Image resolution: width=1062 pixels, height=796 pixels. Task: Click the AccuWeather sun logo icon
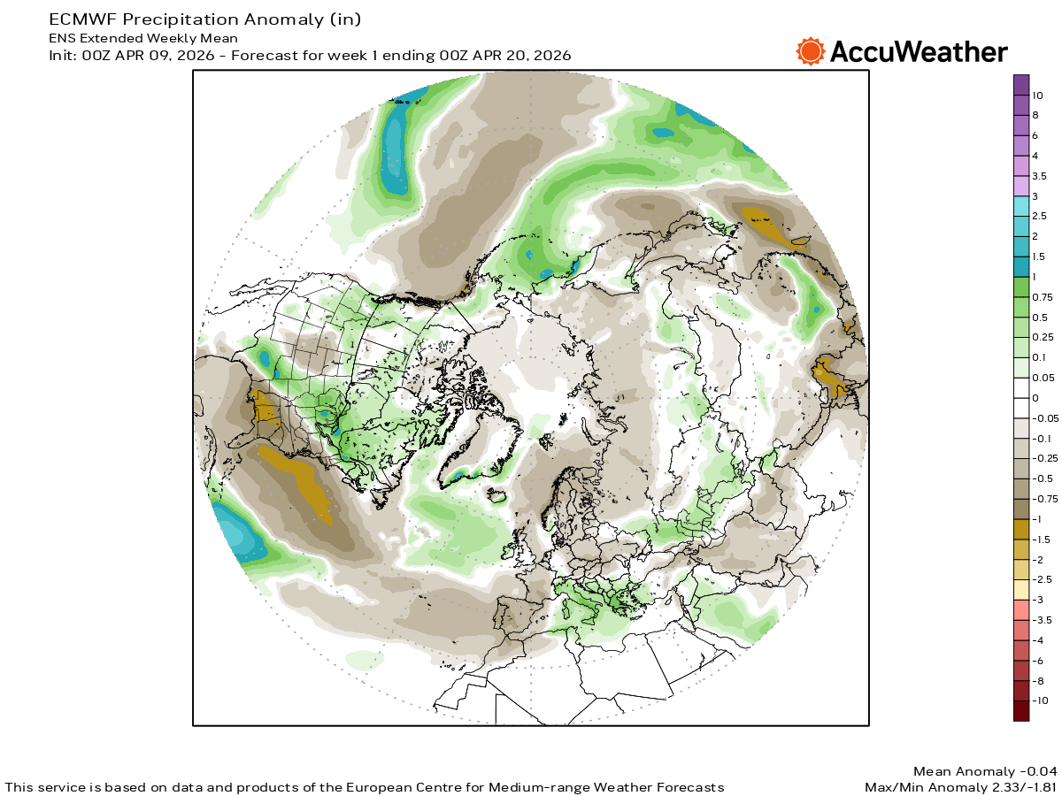coord(810,51)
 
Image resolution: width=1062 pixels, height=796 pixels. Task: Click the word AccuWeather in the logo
coord(918,52)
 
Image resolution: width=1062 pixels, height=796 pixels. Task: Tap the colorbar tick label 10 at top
coord(1037,95)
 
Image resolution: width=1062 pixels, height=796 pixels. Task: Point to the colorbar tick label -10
coord(1040,700)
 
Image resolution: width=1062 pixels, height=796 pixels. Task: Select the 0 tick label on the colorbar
coord(1035,398)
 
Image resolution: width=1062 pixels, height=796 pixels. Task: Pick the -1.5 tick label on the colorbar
coord(1043,540)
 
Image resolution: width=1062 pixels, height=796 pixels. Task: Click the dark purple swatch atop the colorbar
coord(1021,84)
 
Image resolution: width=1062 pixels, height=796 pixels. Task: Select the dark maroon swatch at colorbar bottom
coord(1021,711)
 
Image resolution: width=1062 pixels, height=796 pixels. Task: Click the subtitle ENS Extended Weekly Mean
coord(142,38)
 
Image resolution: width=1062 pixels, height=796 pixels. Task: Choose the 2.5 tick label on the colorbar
coord(1040,216)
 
